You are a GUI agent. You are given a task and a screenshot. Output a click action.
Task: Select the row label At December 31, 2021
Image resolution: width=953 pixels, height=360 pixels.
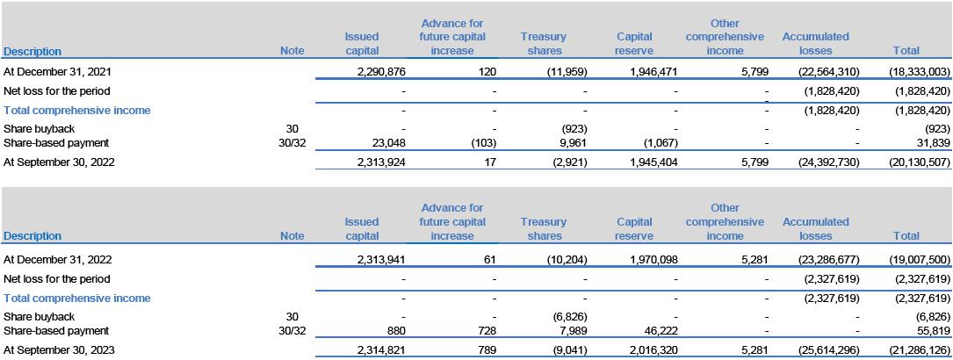(x=58, y=72)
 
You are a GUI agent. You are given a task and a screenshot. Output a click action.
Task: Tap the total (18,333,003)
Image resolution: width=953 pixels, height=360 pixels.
(x=919, y=72)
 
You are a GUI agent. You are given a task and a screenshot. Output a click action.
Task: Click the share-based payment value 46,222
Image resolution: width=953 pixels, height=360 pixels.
(x=662, y=331)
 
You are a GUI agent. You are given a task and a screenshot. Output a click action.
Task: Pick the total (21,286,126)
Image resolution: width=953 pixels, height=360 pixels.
(x=919, y=352)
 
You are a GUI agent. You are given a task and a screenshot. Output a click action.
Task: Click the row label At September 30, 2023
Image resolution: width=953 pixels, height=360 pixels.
(x=60, y=352)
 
